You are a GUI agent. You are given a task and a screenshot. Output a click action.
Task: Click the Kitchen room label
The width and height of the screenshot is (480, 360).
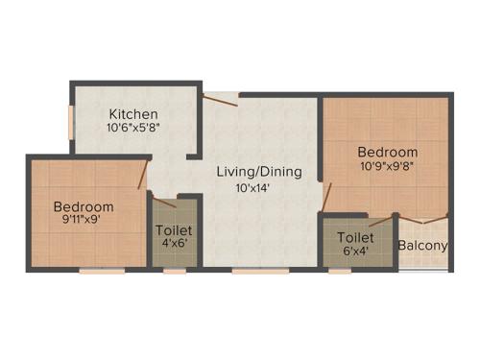[132, 113]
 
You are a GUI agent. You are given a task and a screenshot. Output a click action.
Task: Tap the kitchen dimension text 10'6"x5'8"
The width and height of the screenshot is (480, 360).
[132, 127]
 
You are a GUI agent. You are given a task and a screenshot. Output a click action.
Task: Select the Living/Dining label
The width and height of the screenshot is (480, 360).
[259, 173]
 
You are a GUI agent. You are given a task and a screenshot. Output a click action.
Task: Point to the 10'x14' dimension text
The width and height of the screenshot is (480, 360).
[259, 188]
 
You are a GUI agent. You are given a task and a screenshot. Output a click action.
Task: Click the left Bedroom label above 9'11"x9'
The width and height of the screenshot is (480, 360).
[84, 206]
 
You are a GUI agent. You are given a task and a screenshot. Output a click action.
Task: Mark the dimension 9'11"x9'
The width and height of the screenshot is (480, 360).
[81, 219]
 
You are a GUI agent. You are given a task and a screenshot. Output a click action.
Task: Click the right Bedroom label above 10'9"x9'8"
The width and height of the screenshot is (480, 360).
[388, 153]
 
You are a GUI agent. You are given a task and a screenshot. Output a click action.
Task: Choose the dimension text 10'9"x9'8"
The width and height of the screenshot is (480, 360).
[388, 166]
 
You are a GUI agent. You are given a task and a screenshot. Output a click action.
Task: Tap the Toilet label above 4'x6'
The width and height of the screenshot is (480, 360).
[174, 231]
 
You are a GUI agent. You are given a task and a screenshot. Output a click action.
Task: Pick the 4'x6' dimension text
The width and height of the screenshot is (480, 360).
[174, 244]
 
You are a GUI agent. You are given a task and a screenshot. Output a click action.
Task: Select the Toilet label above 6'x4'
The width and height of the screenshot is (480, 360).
[355, 237]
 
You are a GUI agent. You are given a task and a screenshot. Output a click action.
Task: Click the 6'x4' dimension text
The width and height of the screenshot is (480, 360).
[355, 251]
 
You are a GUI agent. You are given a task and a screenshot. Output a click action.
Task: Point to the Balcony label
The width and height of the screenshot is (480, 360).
[423, 246]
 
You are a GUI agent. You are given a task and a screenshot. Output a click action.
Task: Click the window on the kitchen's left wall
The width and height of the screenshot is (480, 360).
[70, 123]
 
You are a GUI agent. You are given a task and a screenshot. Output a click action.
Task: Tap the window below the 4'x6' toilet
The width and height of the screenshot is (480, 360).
[174, 271]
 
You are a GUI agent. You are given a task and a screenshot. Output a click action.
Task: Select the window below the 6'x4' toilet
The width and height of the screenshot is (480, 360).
[340, 271]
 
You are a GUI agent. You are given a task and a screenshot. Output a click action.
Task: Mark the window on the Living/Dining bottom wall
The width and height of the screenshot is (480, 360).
[259, 271]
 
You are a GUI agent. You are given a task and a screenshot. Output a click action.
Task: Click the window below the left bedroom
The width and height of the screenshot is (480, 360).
[102, 271]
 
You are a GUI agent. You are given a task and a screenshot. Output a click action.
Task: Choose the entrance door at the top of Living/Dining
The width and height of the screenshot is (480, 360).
[221, 94]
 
